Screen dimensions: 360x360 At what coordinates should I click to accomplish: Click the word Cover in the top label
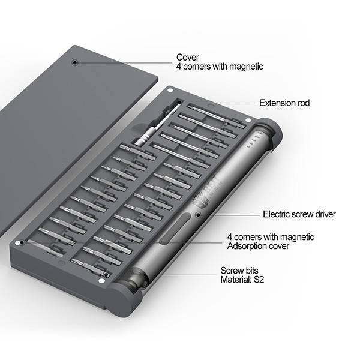point(188,57)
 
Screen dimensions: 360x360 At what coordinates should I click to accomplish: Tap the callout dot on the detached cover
point(75,62)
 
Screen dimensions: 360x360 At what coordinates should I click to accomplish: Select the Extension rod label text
point(284,103)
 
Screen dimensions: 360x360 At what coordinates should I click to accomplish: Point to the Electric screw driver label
point(299,214)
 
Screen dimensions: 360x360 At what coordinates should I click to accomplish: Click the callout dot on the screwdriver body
point(198,215)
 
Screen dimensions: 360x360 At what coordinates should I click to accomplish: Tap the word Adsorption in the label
point(248,246)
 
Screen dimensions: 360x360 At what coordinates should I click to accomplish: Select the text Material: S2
point(242,280)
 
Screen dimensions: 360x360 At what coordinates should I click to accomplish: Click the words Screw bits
point(239,271)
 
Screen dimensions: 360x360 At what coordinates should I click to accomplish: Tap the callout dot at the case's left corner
point(22,242)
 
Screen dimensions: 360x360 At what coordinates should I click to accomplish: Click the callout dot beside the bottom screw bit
point(106,275)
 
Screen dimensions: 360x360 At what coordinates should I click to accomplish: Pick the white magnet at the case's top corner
point(170,90)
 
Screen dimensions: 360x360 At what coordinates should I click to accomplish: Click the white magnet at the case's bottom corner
point(101,281)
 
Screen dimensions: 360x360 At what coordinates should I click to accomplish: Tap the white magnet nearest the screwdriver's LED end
point(248,121)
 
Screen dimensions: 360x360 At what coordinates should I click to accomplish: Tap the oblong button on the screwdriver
point(175,228)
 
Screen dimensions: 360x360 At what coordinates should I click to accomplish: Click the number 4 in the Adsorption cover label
point(229,237)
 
